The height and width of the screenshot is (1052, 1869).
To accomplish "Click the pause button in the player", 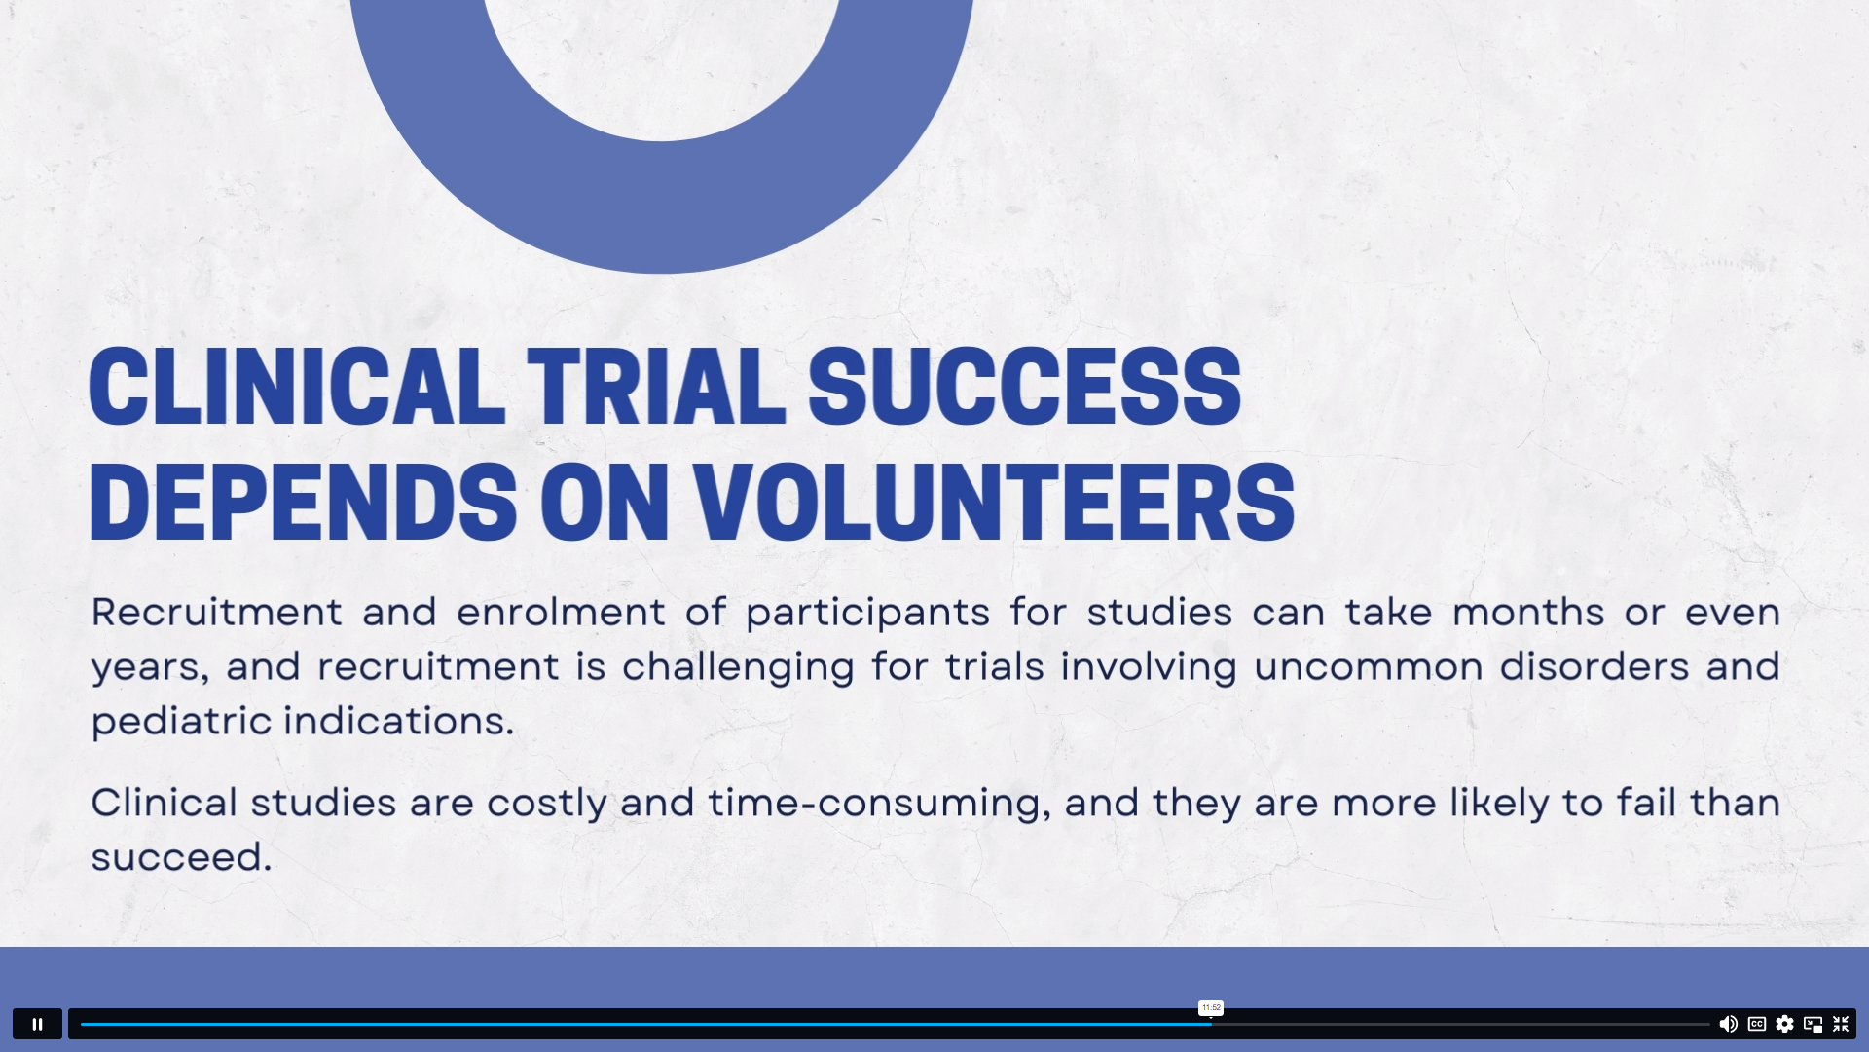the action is point(37,1024).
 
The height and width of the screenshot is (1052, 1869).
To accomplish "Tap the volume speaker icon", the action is point(1728,1024).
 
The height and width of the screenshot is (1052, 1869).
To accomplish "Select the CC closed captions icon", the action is point(1757,1024).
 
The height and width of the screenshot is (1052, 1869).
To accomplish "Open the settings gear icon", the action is point(1784,1024).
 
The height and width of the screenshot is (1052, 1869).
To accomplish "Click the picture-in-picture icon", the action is point(1813,1024).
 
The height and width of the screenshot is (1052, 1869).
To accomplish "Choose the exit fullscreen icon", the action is point(1841,1024).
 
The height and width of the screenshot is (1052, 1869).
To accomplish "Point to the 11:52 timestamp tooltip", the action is point(1211,1008).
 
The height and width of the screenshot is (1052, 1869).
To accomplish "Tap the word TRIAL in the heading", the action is point(656,387).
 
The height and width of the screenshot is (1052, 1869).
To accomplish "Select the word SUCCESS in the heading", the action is point(1025,387).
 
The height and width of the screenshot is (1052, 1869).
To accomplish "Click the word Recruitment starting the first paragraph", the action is point(217,612).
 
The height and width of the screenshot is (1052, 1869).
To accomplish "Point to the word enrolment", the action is point(561,612).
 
